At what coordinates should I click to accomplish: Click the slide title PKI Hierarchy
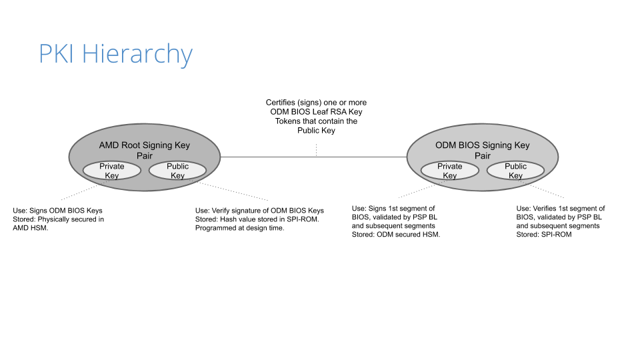pos(115,54)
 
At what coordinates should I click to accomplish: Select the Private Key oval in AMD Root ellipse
pos(112,171)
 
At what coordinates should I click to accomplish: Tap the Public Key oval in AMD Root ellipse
pos(177,171)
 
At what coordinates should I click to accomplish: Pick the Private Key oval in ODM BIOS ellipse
pos(450,171)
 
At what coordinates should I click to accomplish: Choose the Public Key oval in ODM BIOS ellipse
pos(515,171)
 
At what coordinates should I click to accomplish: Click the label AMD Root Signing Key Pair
pos(145,150)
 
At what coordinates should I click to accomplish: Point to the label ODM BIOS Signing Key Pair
pos(483,150)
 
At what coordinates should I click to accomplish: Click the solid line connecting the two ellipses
pos(313,157)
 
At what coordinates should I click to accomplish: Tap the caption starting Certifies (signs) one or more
pos(316,116)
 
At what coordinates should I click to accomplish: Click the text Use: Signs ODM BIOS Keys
pos(57,211)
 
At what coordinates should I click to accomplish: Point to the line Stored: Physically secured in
pos(59,219)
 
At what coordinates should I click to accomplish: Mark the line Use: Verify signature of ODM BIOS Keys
pos(259,211)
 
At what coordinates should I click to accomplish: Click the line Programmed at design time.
pos(239,228)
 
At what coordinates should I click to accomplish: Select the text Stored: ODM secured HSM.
pos(396,234)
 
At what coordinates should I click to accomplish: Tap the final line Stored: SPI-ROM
pos(544,234)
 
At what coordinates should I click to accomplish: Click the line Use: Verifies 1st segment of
pos(561,208)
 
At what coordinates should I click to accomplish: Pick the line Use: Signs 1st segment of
pos(393,208)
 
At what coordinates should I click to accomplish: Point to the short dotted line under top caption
pos(316,150)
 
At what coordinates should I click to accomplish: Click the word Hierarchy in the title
pos(137,54)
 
